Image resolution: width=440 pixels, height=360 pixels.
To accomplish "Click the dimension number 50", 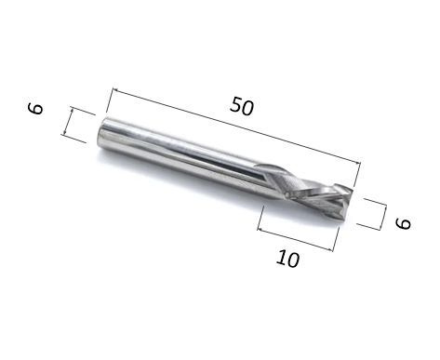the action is (x=242, y=107).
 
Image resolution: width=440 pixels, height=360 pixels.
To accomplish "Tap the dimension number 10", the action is (x=288, y=260).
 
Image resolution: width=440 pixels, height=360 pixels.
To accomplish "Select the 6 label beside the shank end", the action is (x=35, y=109).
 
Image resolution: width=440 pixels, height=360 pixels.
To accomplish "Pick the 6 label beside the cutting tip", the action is (x=403, y=223).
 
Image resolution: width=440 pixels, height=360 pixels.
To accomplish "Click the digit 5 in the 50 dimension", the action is (x=236, y=104).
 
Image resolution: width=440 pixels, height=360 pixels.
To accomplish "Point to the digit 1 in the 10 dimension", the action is (x=282, y=258).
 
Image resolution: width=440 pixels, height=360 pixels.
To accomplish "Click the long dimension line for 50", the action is (x=236, y=126).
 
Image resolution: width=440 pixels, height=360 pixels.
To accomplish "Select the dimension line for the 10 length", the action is (x=295, y=239).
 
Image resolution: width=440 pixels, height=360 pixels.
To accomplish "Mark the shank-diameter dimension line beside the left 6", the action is (x=69, y=121).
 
